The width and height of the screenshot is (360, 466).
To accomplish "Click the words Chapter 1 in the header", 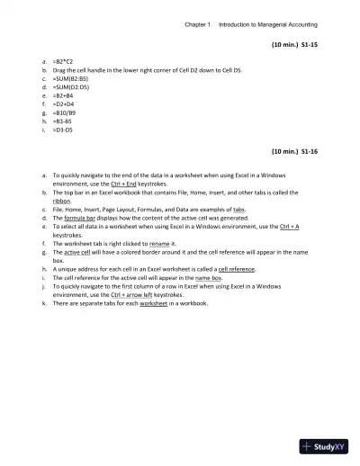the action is (x=196, y=24).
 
